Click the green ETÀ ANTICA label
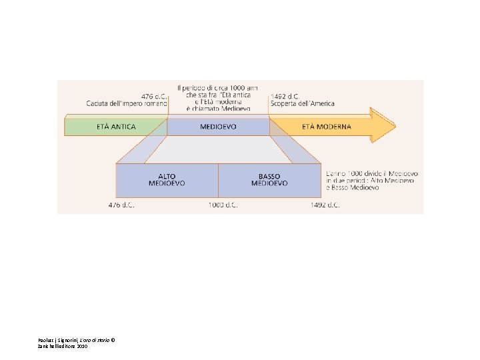coord(115,127)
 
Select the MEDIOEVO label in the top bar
coord(218,127)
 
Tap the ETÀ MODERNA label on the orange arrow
coord(326,127)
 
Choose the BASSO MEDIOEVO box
coord(269,180)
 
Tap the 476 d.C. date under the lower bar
coord(121,205)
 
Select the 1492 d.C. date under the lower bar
coord(325,205)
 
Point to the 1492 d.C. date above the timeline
coord(285,95)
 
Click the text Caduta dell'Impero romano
coord(126,103)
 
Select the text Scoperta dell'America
coord(303,103)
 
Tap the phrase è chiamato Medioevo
coord(218,108)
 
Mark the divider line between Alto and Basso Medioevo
coord(219,180)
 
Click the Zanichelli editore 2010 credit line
coord(63,347)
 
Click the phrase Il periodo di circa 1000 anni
coord(218,88)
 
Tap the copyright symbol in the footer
coord(113,340)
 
